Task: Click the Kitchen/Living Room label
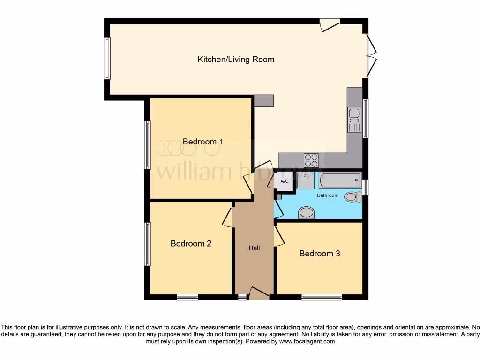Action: (x=236, y=60)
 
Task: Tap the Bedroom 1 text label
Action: (x=202, y=142)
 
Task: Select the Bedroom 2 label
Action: (x=191, y=244)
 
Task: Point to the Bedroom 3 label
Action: (x=320, y=254)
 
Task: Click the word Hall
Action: (x=254, y=248)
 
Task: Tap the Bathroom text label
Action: (x=328, y=195)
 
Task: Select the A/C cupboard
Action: (x=284, y=181)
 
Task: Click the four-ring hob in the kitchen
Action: (x=311, y=160)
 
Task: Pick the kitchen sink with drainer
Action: (x=354, y=120)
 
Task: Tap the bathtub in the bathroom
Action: (x=340, y=180)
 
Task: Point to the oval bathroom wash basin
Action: (x=307, y=213)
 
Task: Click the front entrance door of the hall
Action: (x=259, y=293)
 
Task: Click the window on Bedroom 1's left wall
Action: (x=147, y=145)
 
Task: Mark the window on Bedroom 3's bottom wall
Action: (x=321, y=297)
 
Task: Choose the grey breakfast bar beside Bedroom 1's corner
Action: (x=263, y=101)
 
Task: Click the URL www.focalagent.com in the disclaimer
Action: (x=307, y=342)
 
